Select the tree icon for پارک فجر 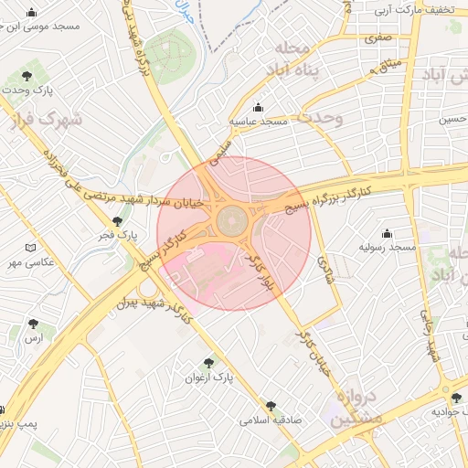tap(116, 220)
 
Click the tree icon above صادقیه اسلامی tap(271, 406)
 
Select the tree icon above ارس tap(34, 324)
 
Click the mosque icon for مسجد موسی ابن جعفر tap(33, 13)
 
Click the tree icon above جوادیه tap(455, 397)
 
